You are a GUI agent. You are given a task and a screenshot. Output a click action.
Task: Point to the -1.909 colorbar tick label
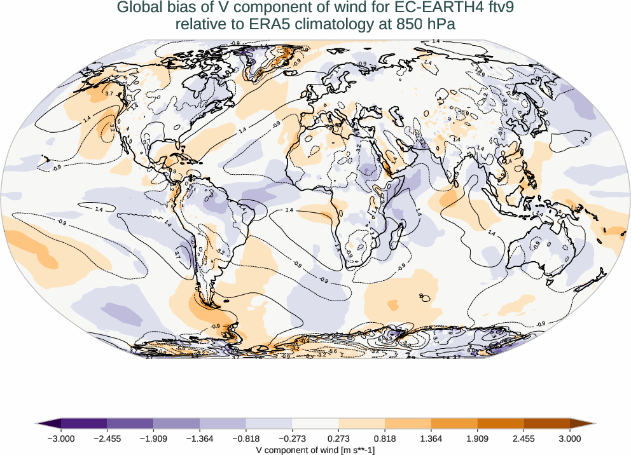point(153,438)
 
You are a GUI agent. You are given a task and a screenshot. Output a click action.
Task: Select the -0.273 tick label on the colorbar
point(292,438)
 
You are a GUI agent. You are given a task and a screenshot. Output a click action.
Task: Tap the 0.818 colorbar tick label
point(385,438)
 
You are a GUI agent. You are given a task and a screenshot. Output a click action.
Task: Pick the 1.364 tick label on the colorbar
point(431,438)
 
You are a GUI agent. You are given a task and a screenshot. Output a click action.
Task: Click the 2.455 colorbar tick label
point(524,438)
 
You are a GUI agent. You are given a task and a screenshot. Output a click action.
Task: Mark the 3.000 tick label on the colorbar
point(570,438)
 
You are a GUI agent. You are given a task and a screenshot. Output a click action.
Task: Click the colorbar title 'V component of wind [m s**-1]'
point(315,449)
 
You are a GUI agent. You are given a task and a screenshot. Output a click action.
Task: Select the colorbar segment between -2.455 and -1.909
point(130,423)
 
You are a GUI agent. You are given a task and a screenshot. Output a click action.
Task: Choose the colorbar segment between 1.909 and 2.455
point(500,423)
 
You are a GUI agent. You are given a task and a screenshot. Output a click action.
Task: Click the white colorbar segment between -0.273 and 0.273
point(315,423)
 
